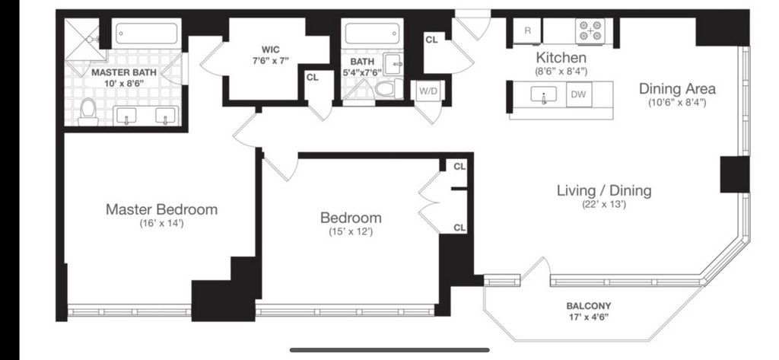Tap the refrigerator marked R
[x=528, y=30]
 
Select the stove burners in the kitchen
[x=590, y=30]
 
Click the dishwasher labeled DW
[x=578, y=94]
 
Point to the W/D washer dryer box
[x=427, y=91]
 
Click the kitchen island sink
[x=543, y=94]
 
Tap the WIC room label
[x=271, y=49]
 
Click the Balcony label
[x=589, y=306]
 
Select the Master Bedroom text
[x=161, y=209]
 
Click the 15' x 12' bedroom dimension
[x=351, y=231]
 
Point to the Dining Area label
[x=677, y=89]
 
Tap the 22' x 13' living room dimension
[x=603, y=203]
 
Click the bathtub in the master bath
[x=147, y=34]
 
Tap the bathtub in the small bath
[x=372, y=33]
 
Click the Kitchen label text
[x=561, y=57]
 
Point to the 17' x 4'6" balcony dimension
[x=589, y=317]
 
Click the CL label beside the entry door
[x=432, y=40]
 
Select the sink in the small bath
[x=393, y=63]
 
